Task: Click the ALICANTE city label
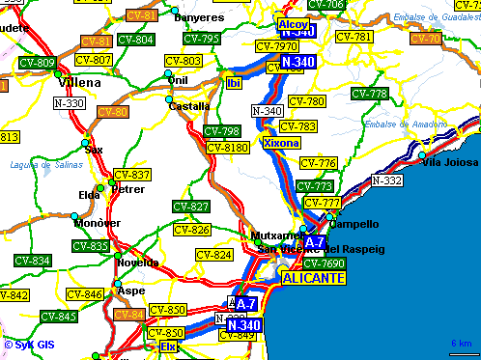[x=313, y=278]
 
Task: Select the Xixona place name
[x=281, y=143]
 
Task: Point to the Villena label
[x=78, y=84]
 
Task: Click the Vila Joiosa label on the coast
[x=450, y=162]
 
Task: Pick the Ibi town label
[x=233, y=83]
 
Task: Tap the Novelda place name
[x=137, y=263]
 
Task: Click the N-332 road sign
[x=387, y=180]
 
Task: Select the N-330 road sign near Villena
[x=70, y=103]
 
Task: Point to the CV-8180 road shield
[x=229, y=148]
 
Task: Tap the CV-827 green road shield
[x=191, y=207]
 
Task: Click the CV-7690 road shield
[x=324, y=263]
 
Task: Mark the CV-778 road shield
[x=368, y=94]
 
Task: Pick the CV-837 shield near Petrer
[x=132, y=175]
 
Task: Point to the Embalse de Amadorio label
[x=405, y=125]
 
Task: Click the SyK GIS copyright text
[x=32, y=344]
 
